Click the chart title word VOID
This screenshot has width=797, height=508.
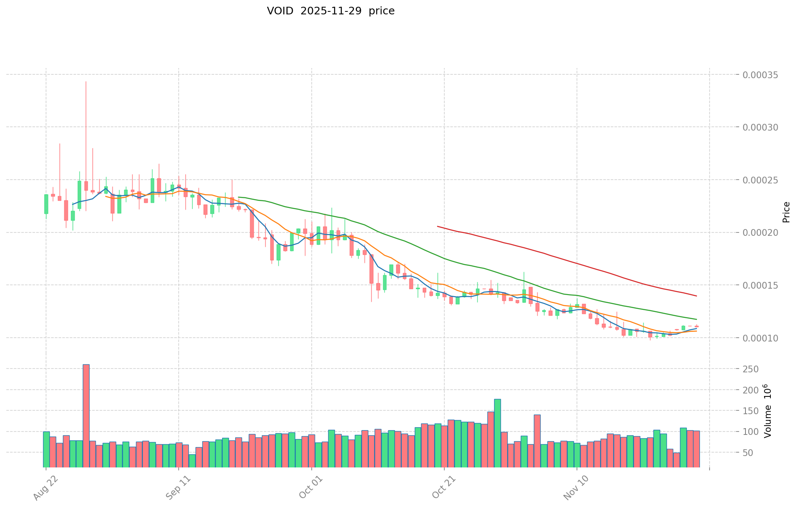pyautogui.click(x=280, y=11)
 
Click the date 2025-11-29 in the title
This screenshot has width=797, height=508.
pyautogui.click(x=331, y=11)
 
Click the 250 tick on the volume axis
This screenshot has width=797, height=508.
pyautogui.click(x=753, y=369)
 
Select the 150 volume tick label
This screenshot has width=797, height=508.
pyautogui.click(x=753, y=411)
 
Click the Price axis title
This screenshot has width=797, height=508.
pyautogui.click(x=786, y=212)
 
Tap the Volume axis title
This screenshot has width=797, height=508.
pyautogui.click(x=768, y=411)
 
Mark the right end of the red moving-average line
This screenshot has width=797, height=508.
pyautogui.click(x=696, y=296)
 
